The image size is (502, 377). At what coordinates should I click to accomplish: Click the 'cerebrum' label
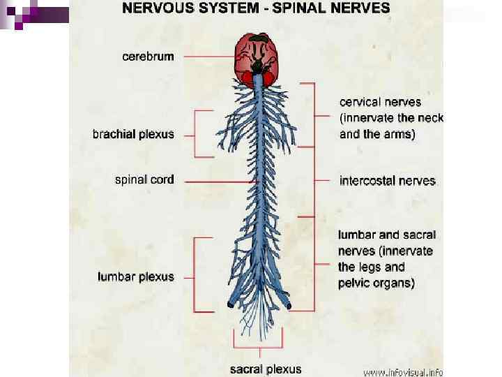point(149,57)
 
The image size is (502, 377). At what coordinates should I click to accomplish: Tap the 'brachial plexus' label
point(133,134)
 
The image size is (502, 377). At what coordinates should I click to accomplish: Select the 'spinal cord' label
point(144,179)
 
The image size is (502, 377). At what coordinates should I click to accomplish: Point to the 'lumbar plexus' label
point(136,276)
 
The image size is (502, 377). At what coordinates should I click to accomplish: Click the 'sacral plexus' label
point(266,368)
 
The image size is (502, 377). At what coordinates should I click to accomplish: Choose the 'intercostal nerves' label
point(388,181)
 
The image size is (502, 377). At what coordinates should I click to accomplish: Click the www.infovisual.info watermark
point(402,371)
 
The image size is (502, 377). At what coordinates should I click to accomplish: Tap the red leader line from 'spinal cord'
point(216,181)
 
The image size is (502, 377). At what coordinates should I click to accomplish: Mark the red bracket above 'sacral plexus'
point(259,346)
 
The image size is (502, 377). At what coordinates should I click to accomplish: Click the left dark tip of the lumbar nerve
point(230,304)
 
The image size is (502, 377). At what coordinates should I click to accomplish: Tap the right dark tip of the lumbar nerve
point(289,306)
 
